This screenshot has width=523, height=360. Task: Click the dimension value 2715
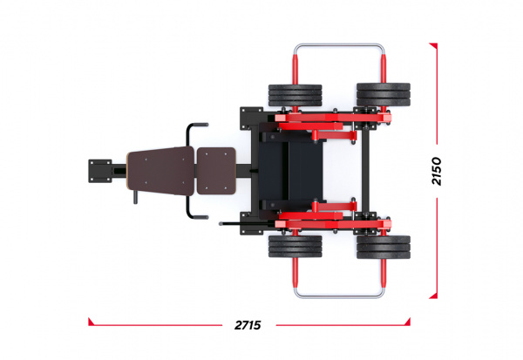coord(248,324)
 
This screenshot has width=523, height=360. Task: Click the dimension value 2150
coord(436,171)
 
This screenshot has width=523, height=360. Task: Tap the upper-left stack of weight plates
coord(295,95)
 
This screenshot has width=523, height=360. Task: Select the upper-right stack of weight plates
coord(384,94)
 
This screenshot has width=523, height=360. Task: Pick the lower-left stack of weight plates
coord(295,246)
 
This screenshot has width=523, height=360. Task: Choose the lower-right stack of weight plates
coord(384,248)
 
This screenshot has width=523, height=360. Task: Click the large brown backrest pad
coord(160,171)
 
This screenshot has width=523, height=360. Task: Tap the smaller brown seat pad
coord(216,171)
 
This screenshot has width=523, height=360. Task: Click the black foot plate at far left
coord(99,171)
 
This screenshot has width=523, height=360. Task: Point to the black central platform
coord(291,171)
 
